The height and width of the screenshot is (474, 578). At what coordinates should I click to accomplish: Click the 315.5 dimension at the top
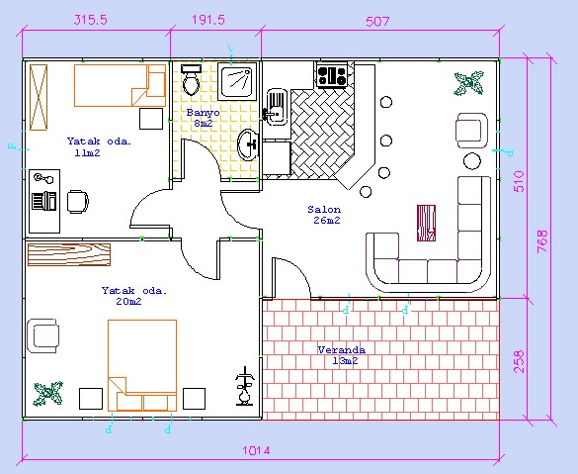click(91, 20)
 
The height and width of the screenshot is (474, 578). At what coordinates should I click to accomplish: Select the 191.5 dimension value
click(208, 20)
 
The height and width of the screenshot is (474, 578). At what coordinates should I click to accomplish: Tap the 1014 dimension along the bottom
click(256, 450)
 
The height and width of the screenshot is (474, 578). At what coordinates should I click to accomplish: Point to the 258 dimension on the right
click(519, 362)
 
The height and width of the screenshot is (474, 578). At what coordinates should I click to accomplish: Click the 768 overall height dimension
click(542, 241)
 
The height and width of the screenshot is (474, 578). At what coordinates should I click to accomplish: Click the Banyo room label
click(204, 112)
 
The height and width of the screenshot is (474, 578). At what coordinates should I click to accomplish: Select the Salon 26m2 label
click(325, 215)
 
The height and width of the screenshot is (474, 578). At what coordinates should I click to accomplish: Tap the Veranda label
click(342, 349)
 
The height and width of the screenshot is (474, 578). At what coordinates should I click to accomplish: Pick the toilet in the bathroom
click(191, 80)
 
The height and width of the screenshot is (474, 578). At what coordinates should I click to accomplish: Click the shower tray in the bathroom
click(237, 81)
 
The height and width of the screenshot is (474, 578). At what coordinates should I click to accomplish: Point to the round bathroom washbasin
click(249, 144)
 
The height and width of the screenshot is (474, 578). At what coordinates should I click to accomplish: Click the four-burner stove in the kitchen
click(332, 75)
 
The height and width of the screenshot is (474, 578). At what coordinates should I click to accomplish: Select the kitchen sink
click(276, 107)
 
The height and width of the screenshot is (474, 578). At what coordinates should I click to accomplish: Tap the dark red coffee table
click(426, 223)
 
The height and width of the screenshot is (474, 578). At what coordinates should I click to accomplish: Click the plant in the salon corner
click(468, 83)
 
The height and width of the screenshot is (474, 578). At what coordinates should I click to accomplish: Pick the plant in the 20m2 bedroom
click(48, 394)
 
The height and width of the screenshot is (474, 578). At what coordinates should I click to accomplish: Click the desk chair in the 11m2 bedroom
click(78, 202)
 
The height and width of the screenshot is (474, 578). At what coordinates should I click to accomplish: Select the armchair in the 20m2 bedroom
click(42, 335)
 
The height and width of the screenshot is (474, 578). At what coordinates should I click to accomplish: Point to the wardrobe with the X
click(39, 97)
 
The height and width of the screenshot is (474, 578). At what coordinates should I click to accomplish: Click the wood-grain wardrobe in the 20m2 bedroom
click(69, 254)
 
